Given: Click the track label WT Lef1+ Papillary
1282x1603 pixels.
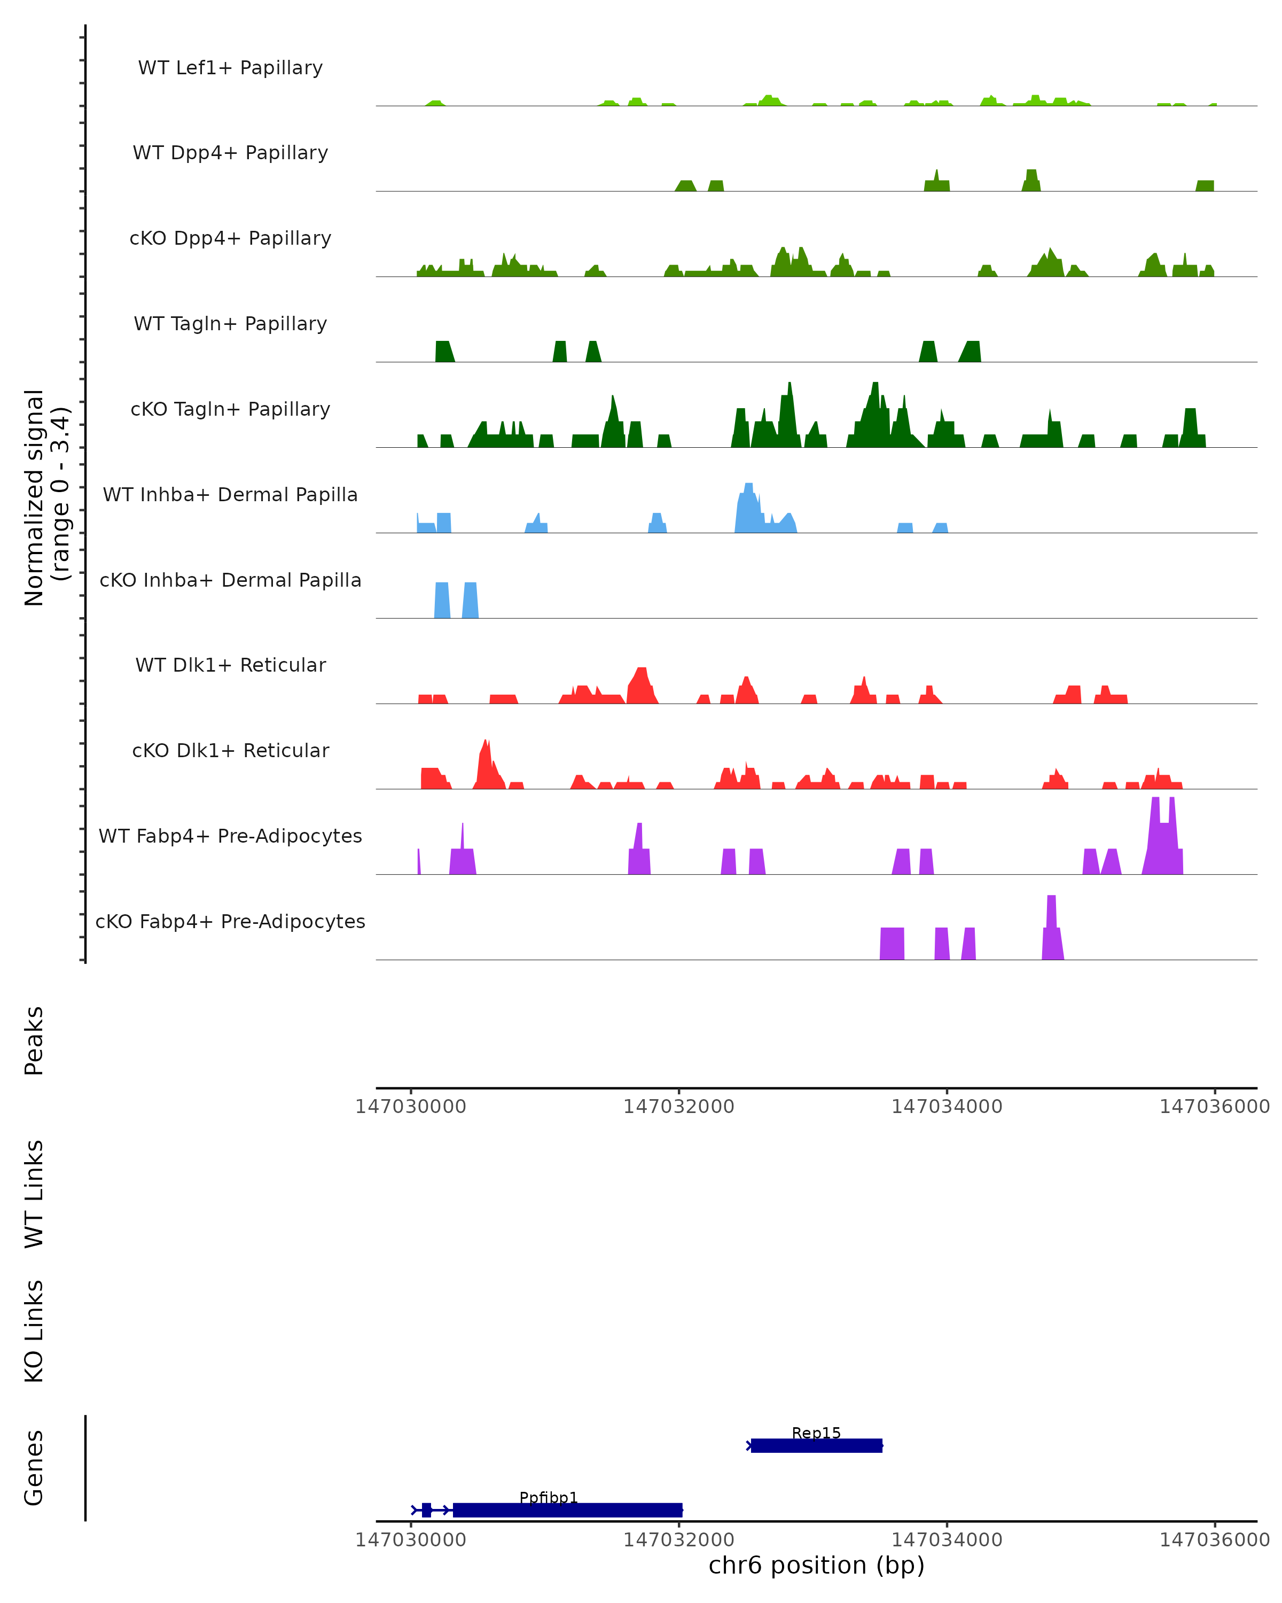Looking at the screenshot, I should [230, 68].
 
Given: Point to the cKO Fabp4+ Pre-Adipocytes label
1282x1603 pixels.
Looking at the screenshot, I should [230, 921].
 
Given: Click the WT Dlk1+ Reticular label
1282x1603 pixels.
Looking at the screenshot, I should [230, 665].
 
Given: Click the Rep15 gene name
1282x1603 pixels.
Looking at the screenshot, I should [816, 1433].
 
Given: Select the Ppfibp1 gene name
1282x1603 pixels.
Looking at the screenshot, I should [549, 1497].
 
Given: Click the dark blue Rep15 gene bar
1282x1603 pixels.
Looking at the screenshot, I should [816, 1445].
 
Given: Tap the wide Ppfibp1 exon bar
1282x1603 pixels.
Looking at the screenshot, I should [567, 1510].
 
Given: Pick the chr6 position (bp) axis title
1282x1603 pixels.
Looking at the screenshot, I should [816, 1565].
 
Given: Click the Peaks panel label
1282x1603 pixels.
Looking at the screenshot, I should [34, 1040].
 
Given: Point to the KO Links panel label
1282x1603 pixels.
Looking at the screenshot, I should [34, 1331].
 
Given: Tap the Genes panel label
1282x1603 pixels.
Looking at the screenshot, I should [34, 1468].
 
